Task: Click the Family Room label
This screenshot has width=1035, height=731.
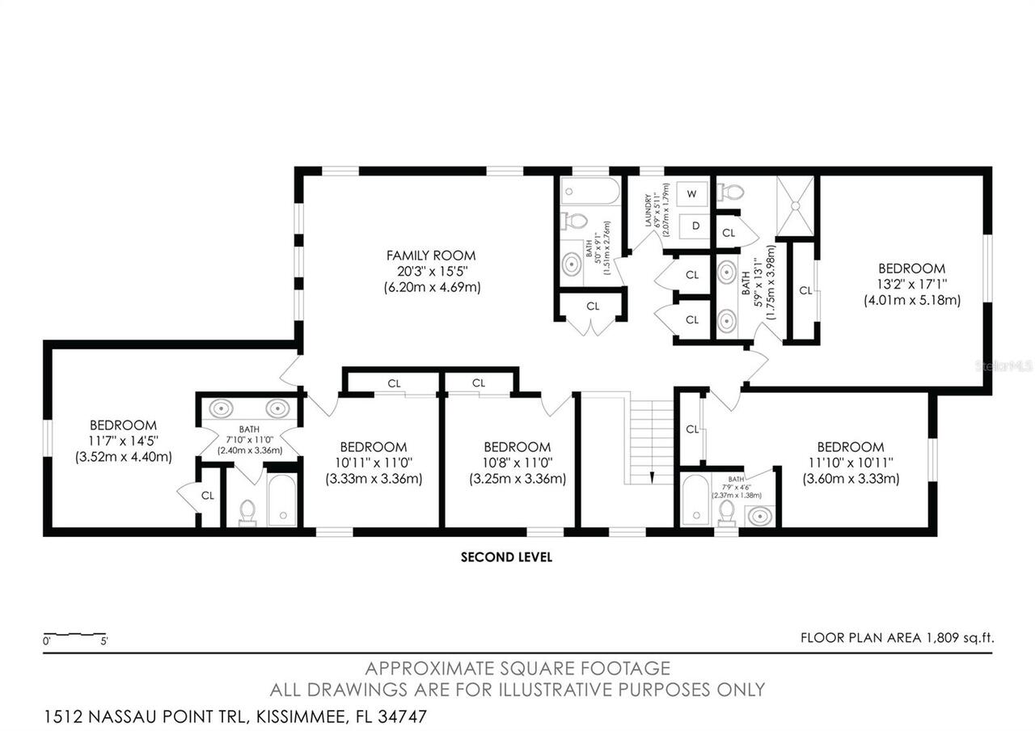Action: pyautogui.click(x=431, y=256)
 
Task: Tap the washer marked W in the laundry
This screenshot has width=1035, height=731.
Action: pyautogui.click(x=691, y=194)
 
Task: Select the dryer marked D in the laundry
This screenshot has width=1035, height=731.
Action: pyautogui.click(x=695, y=226)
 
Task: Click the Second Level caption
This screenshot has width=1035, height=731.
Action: pyautogui.click(x=506, y=557)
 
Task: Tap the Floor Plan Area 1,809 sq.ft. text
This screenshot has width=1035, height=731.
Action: pyautogui.click(x=897, y=638)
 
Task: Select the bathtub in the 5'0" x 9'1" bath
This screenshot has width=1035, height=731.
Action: pyautogui.click(x=590, y=192)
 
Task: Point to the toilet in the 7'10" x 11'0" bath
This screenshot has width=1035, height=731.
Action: pyautogui.click(x=247, y=512)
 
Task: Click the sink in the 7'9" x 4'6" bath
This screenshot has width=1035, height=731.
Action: pyautogui.click(x=759, y=513)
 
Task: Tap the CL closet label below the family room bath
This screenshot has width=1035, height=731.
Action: pyautogui.click(x=593, y=306)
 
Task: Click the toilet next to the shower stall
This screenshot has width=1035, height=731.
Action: pyautogui.click(x=733, y=192)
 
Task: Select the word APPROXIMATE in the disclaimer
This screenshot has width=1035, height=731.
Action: pyautogui.click(x=415, y=669)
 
